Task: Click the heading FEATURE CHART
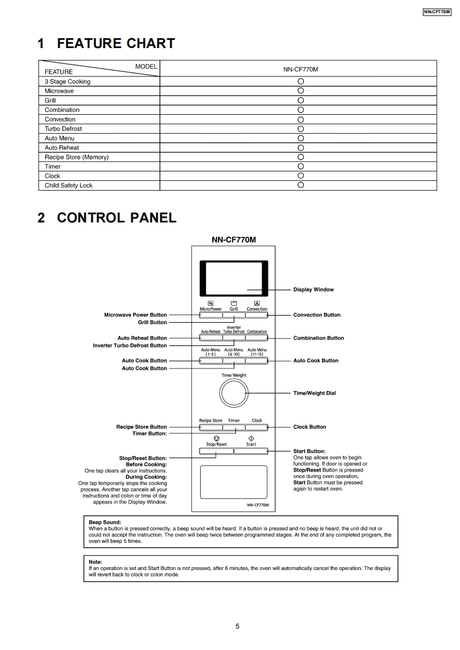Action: (106, 43)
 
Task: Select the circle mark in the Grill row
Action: (300, 100)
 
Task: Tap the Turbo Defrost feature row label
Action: (63, 129)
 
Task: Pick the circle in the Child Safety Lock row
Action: (300, 185)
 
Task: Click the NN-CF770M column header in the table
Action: (300, 69)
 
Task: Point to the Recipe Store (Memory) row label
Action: (77, 157)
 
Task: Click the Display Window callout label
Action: (313, 290)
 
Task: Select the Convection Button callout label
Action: (317, 315)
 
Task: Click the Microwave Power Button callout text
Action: (135, 315)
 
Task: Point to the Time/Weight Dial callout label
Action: (314, 393)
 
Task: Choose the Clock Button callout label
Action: (310, 427)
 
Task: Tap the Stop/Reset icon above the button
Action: (216, 439)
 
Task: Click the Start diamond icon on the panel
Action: (251, 439)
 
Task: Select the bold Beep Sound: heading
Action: (105, 522)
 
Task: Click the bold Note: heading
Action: (95, 562)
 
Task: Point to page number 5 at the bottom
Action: (237, 626)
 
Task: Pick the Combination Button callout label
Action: (318, 338)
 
